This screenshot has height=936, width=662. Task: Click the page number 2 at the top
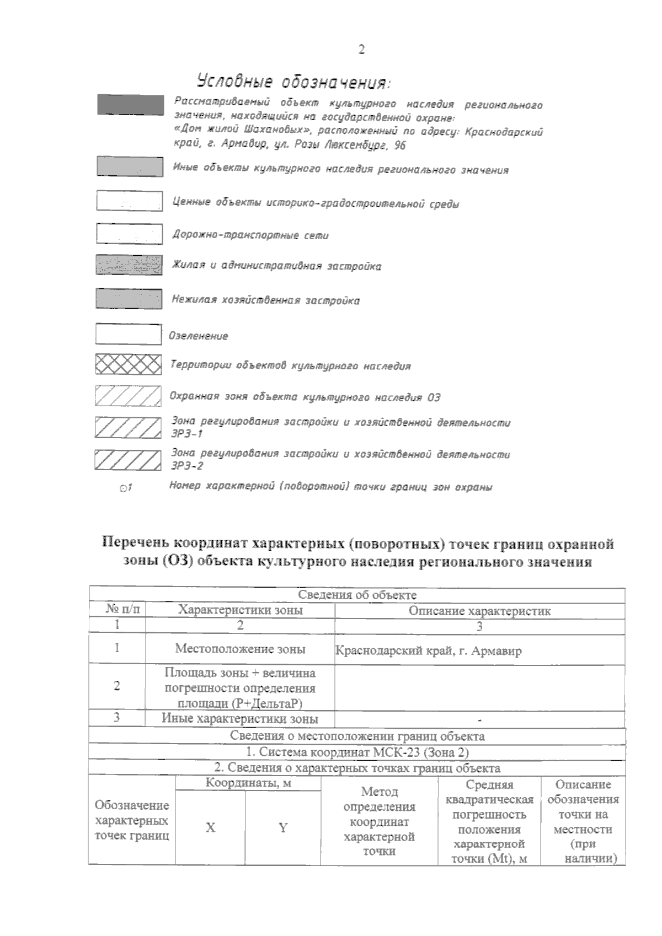[361, 50]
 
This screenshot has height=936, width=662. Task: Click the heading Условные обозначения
[293, 82]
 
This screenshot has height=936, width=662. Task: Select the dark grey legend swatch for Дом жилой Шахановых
[130, 105]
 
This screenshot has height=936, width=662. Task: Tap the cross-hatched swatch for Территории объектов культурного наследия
[128, 365]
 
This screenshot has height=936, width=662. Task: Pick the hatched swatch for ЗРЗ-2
[128, 460]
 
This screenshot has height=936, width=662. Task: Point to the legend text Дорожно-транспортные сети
[250, 235]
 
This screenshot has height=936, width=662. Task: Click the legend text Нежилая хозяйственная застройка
[265, 300]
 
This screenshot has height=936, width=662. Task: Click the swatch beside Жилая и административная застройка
[129, 265]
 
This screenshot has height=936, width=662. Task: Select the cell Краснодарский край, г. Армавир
[428, 651]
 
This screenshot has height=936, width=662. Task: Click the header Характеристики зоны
[240, 610]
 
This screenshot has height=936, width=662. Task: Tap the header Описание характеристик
[479, 611]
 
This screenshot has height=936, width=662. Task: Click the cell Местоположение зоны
[240, 649]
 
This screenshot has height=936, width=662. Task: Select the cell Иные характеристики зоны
[240, 718]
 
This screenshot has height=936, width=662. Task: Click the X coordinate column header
[210, 828]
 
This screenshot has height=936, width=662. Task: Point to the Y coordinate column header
[282, 828]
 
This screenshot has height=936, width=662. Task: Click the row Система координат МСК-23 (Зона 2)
[357, 752]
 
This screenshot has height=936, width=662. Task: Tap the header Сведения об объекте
[357, 595]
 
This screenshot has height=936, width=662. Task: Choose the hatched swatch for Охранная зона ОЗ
[128, 396]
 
